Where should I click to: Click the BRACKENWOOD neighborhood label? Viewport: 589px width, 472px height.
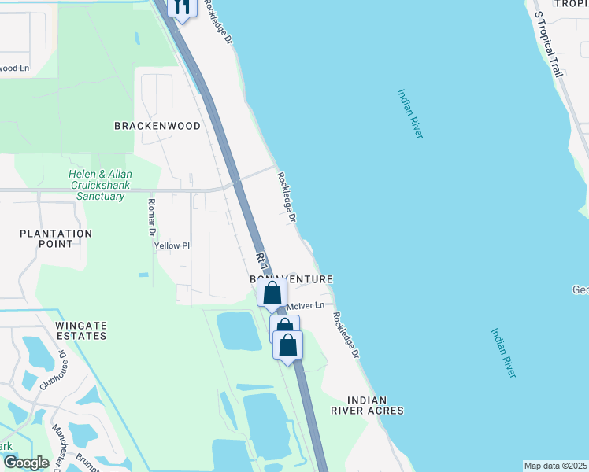157,126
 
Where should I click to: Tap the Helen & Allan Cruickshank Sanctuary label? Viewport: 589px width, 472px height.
98,185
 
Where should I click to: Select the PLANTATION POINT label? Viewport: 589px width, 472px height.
56,238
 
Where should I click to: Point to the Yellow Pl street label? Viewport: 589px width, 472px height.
172,245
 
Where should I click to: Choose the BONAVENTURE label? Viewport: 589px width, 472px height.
291,279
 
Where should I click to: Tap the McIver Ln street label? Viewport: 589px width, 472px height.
306,305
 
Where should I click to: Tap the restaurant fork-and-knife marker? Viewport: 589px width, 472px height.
182,8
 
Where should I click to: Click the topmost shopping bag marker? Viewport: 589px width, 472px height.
272,293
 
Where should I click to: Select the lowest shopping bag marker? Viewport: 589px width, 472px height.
288,345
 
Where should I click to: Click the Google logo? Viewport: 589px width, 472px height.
25,463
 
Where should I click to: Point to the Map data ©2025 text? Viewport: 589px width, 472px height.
555,466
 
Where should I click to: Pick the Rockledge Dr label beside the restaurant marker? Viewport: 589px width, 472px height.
220,21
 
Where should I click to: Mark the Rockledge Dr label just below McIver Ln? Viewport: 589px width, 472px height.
345,336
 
